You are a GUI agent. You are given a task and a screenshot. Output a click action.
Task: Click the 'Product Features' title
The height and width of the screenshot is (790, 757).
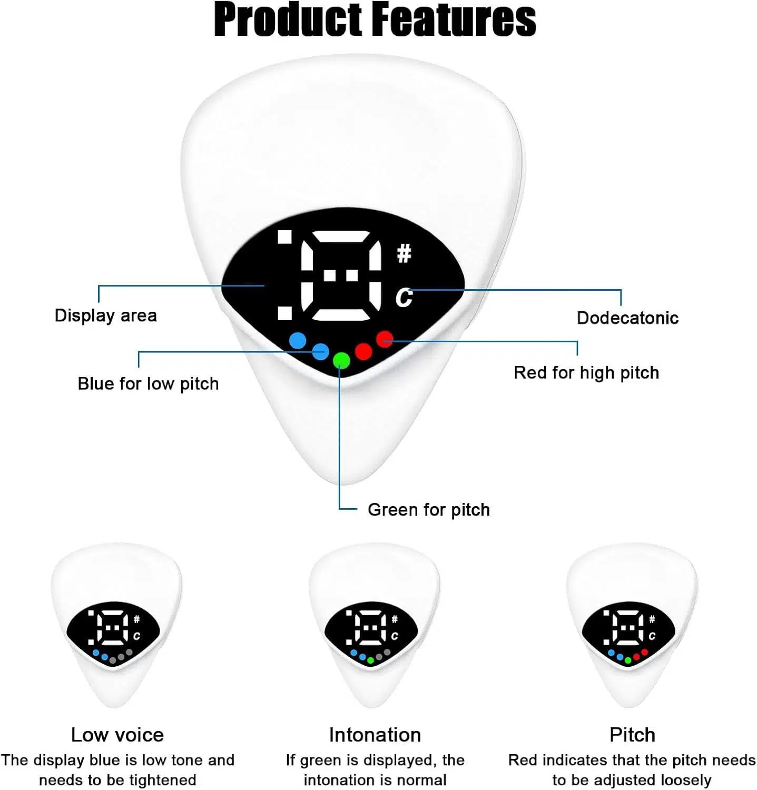[375, 19]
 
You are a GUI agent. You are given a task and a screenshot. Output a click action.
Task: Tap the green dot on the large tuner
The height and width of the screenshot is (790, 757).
[341, 360]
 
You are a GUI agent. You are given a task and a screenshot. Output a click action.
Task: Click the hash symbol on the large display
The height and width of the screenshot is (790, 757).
[404, 254]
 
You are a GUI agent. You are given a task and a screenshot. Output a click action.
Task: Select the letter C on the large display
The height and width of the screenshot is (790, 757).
[404, 298]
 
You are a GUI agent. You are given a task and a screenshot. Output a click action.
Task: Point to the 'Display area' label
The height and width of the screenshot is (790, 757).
[106, 315]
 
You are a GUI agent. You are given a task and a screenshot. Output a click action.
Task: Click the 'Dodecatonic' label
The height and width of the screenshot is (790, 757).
[627, 318]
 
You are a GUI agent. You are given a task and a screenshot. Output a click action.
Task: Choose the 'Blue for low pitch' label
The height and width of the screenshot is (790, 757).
[148, 384]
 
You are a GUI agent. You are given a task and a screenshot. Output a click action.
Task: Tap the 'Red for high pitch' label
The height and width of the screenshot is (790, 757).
[586, 373]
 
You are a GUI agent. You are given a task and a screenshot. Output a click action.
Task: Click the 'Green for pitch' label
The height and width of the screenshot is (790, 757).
[429, 510]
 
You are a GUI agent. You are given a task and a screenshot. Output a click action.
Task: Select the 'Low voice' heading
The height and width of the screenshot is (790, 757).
[117, 735]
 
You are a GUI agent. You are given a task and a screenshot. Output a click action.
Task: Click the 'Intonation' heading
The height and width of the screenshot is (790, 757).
[375, 735]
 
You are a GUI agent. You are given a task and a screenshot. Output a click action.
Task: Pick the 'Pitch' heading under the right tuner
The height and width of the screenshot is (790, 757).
[632, 735]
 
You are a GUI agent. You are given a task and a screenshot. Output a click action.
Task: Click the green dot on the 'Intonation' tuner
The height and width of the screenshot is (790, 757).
[370, 660]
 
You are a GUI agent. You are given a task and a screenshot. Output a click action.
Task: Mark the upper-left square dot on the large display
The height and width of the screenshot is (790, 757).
[285, 237]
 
